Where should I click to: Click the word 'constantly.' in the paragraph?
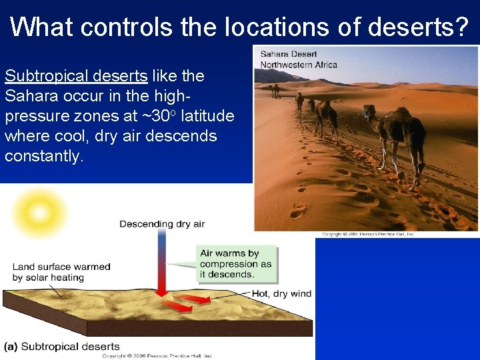pyautogui.click(x=45, y=156)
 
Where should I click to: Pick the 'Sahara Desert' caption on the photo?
pyautogui.click(x=288, y=54)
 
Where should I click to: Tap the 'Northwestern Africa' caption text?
pyautogui.click(x=299, y=65)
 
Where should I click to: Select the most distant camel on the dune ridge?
pyautogui.click(x=275, y=90)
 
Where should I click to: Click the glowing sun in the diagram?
pyautogui.click(x=39, y=214)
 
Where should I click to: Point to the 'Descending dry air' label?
pyautogui.click(x=162, y=224)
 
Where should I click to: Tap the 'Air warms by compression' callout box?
pyautogui.click(x=237, y=264)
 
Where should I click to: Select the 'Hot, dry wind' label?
pyautogui.click(x=281, y=294)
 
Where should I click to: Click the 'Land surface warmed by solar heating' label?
pyautogui.click(x=61, y=272)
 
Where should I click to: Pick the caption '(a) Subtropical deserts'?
pyautogui.click(x=62, y=347)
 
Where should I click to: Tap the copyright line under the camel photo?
pyautogui.click(x=368, y=234)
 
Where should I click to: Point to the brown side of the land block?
pyautogui.click(x=200, y=328)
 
